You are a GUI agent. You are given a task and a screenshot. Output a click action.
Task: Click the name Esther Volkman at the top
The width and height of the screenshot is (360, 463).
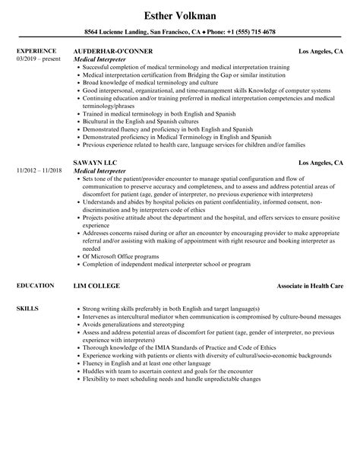[180, 14]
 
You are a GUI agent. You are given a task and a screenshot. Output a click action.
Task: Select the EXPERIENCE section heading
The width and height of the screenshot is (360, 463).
[35, 51]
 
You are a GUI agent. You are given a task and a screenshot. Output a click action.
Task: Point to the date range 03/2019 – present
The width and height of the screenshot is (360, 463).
[36, 59]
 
